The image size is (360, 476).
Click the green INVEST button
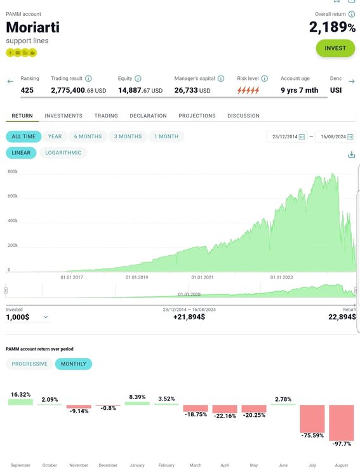coord(335,48)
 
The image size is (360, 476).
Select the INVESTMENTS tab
coord(63,116)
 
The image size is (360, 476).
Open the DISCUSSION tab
coord(243,116)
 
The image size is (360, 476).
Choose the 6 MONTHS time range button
coord(88,136)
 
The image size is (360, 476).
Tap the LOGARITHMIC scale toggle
coord(63,153)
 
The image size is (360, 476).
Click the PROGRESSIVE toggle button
coord(29,364)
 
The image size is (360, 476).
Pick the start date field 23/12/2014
coord(287,136)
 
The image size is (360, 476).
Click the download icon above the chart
coord(352,154)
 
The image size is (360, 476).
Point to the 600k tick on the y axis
coord(13,196)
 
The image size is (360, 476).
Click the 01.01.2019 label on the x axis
coord(137,277)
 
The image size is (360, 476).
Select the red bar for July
coord(312,419)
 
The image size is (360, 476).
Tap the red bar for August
coord(342,423)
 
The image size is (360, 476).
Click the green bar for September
coord(20,402)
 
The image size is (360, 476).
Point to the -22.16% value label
coord(225,416)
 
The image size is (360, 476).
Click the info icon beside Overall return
coord(352,14)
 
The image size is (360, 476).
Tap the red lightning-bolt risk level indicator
coord(248,90)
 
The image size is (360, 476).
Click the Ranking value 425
coord(27,90)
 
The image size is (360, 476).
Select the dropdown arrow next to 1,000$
coord(46,317)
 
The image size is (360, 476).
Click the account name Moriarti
coord(33,27)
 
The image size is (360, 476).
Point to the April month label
coord(225,465)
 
